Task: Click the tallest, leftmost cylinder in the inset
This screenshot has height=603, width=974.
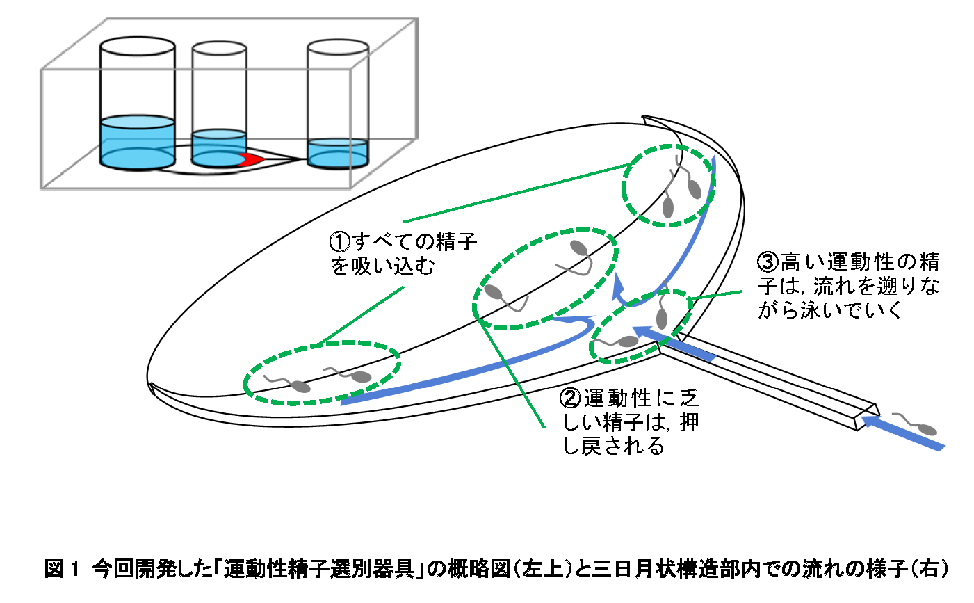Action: point(137,104)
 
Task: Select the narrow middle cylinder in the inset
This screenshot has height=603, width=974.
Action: point(219,104)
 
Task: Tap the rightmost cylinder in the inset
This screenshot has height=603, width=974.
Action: point(337,104)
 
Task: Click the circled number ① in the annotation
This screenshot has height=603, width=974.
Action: point(339,242)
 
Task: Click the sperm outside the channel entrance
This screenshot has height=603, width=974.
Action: point(916,424)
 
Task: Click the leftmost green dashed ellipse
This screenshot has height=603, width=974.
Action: point(323,373)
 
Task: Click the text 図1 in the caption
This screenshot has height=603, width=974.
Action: point(63,569)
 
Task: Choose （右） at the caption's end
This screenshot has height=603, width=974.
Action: point(929,569)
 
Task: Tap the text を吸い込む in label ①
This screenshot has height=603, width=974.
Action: point(382,266)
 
